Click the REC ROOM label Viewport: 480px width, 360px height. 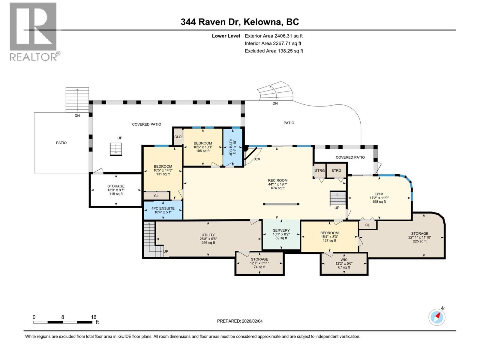tap(277, 181)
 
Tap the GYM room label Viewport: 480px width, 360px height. tap(379, 194)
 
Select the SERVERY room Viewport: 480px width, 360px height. tap(281, 234)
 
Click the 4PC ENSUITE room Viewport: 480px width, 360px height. tap(163, 210)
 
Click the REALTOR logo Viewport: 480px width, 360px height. tap(33, 31)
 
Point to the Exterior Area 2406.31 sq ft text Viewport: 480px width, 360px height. tap(273, 36)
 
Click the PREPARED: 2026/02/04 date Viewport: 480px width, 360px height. tap(240, 321)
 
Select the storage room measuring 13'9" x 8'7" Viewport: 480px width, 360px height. tap(116, 190)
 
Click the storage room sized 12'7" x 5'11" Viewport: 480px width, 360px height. tap(259, 263)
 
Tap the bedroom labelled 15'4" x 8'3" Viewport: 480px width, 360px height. tap(329, 237)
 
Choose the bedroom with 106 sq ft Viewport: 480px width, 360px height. tap(203, 147)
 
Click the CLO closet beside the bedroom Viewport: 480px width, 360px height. tap(178, 137)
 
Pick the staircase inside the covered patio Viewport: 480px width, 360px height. tap(116, 149)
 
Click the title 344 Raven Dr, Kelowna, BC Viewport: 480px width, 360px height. tap(240, 22)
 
